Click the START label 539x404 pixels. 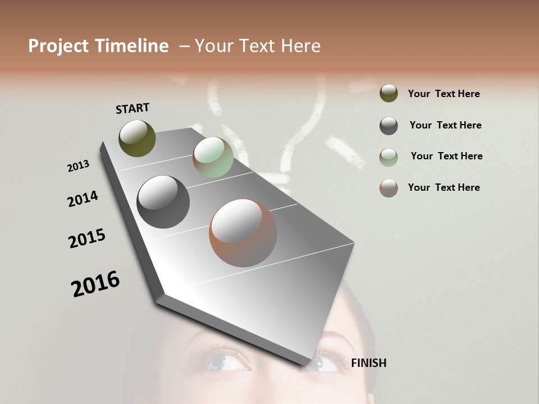tap(133, 108)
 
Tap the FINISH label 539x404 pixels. tap(368, 363)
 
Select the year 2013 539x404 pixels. tap(78, 166)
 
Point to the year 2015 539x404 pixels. tap(87, 238)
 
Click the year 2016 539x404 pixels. tap(95, 284)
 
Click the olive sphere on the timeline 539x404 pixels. tap(137, 138)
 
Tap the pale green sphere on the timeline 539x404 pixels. tap(213, 157)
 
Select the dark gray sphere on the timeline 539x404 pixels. tap(163, 202)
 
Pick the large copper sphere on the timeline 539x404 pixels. tap(243, 233)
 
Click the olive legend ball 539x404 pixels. tap(389, 93)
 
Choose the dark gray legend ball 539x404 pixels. tap(389, 126)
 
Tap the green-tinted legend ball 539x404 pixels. tap(389, 157)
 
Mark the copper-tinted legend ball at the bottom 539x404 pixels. tap(389, 188)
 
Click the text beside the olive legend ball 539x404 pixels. tap(444, 94)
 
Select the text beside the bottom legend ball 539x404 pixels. tap(444, 187)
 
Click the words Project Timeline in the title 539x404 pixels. tap(98, 46)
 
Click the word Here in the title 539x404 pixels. tap(300, 46)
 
